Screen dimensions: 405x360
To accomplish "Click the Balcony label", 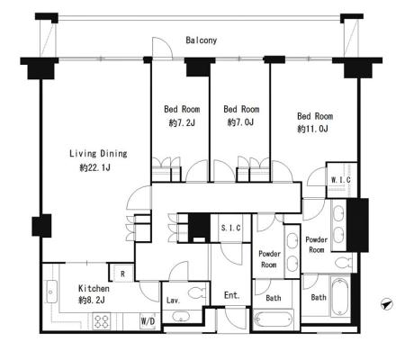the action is (x=201, y=40).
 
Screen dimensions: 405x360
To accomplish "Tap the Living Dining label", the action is (x=98, y=154).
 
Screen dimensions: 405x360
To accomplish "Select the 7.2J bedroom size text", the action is (x=182, y=122).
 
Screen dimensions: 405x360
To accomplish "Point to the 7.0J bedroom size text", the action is (x=240, y=122).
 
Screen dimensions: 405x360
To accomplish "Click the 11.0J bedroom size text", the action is (x=312, y=129).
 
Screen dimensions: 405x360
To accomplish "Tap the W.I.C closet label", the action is (x=341, y=180).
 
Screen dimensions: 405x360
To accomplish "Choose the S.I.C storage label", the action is (x=230, y=228).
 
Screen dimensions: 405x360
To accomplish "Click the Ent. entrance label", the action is (x=232, y=295).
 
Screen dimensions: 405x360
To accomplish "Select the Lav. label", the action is (x=173, y=300).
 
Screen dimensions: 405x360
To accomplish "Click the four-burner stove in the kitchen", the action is (x=102, y=321).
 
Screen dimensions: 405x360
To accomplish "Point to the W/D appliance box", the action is (x=148, y=321).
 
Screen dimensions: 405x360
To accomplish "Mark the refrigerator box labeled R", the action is (x=122, y=274).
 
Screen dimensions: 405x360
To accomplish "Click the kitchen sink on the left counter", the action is (x=51, y=292).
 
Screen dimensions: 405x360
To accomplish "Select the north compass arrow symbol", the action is (x=387, y=304).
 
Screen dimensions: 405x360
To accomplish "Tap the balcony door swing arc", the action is (x=166, y=44).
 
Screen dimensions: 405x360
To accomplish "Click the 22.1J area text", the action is (x=94, y=167).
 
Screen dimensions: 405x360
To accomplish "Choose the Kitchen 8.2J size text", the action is (x=92, y=300).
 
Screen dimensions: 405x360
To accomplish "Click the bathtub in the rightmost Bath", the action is (x=340, y=297).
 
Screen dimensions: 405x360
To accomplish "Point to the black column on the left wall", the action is (x=41, y=226).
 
